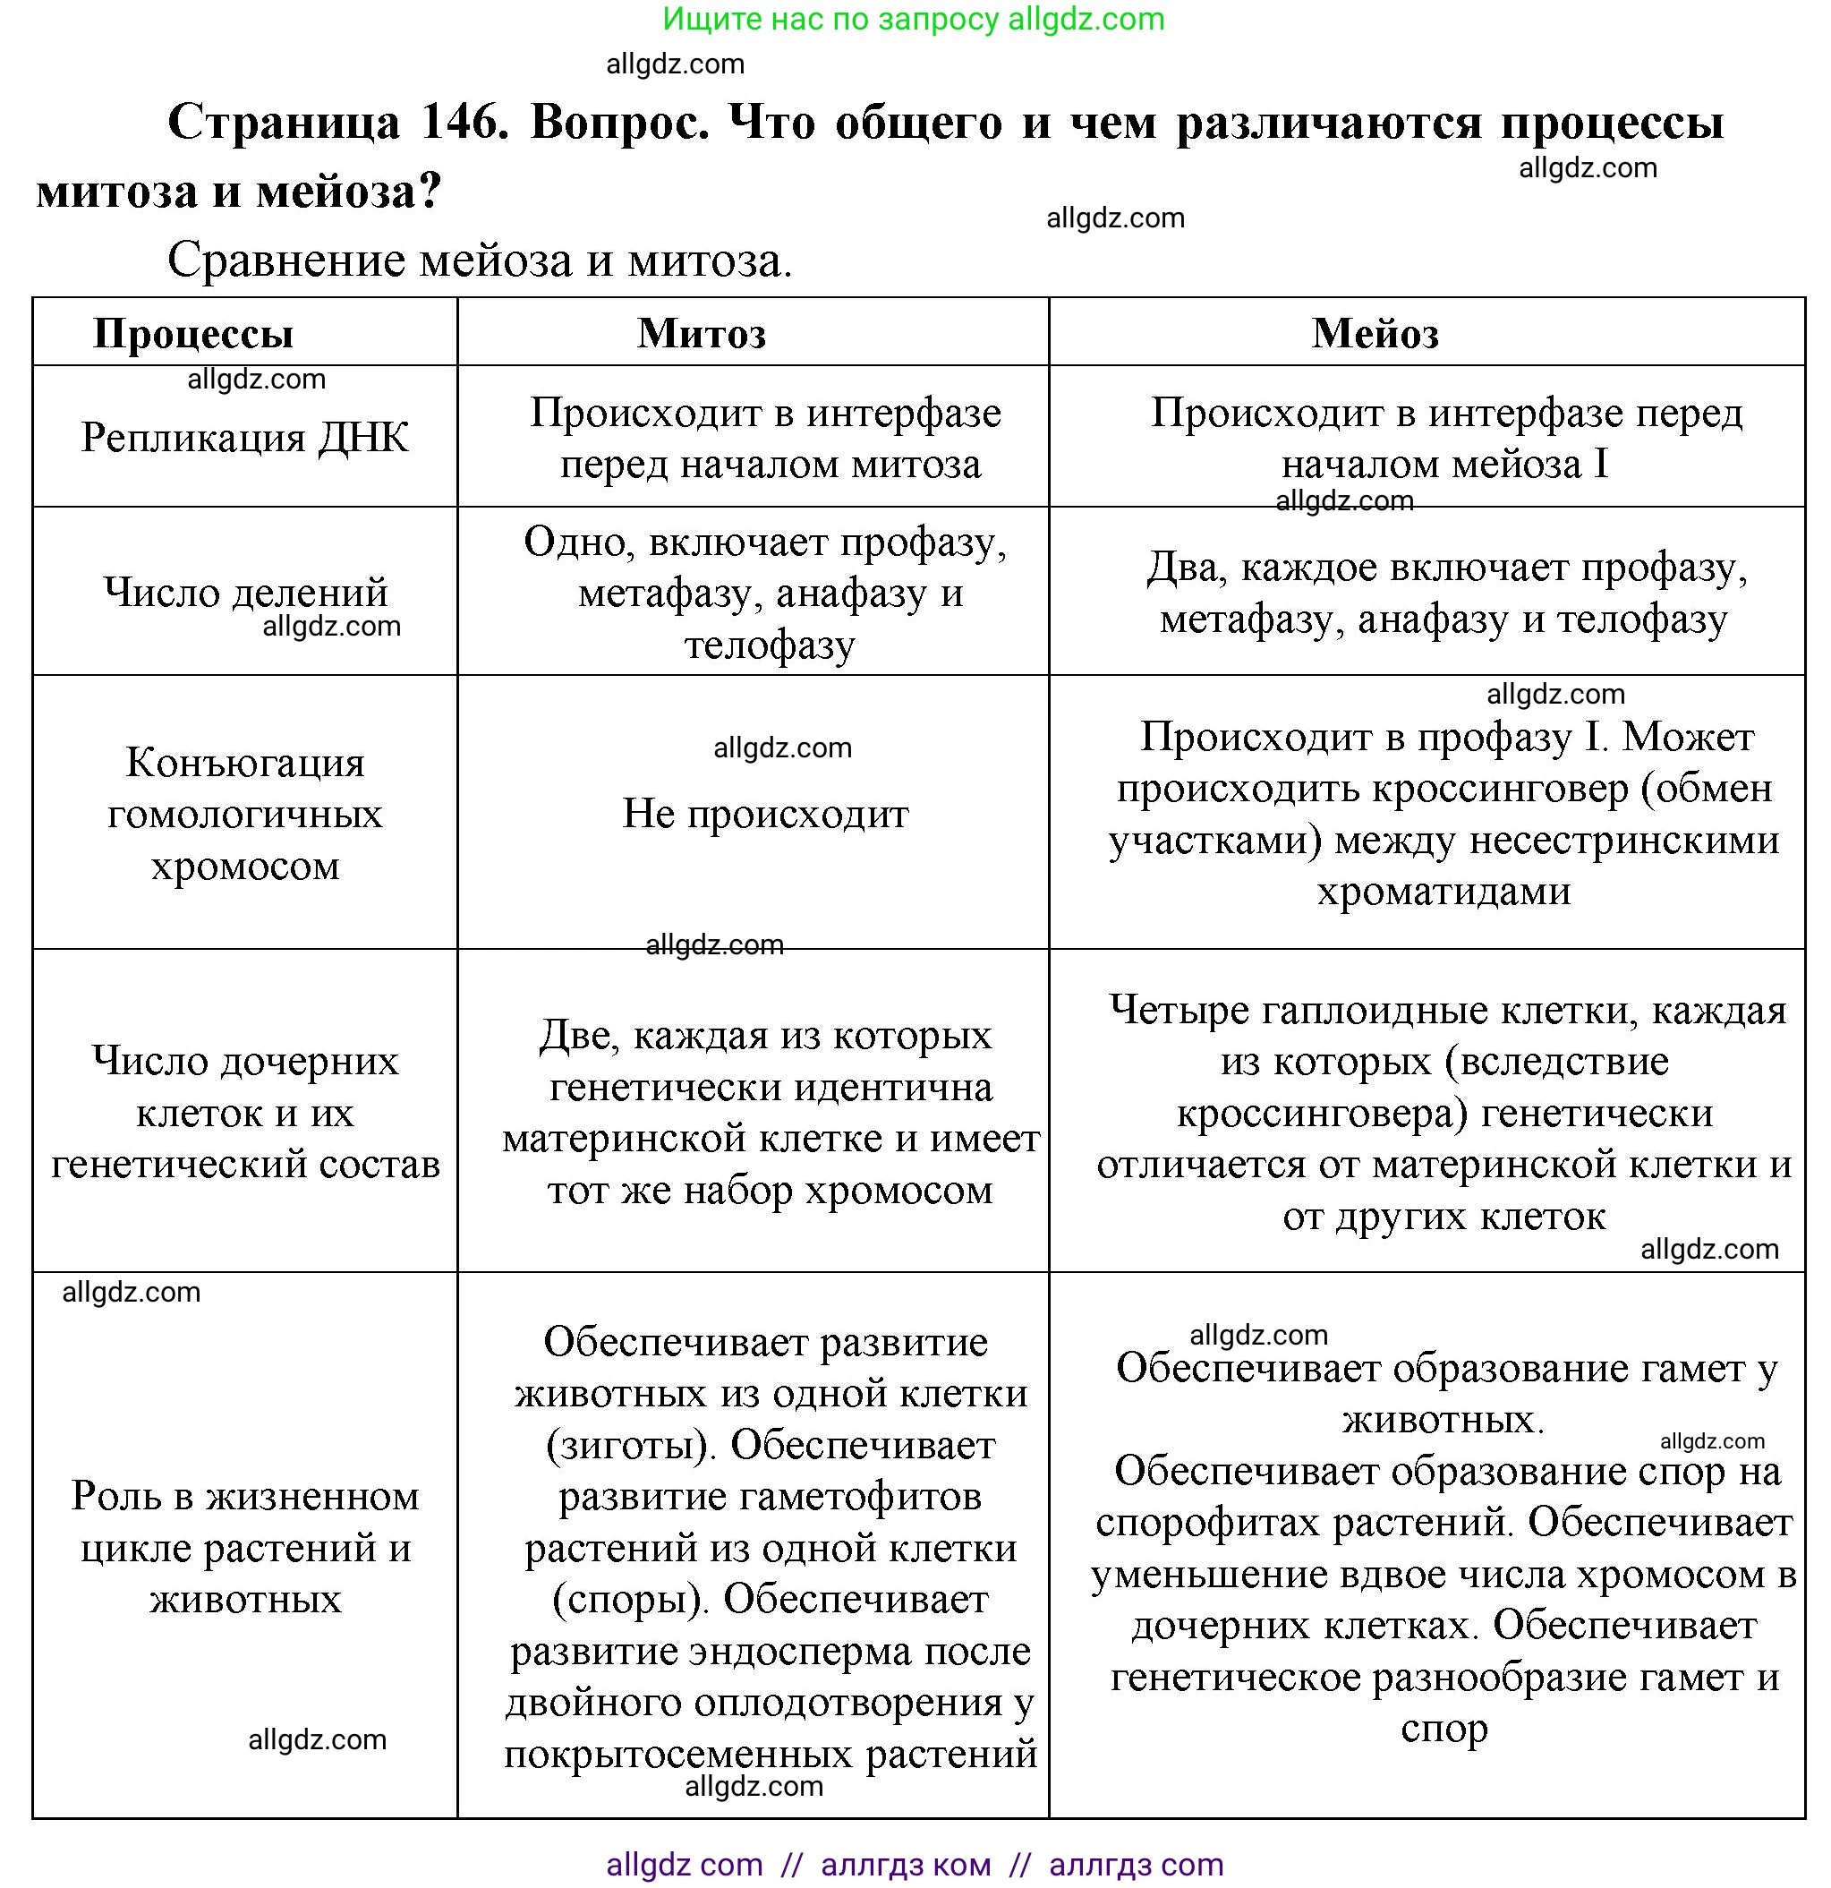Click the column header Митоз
tap(702, 334)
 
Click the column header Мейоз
tap(1375, 334)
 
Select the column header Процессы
tap(192, 334)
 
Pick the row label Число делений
tap(244, 592)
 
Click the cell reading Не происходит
tap(765, 814)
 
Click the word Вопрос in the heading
tap(619, 123)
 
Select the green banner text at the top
tap(913, 20)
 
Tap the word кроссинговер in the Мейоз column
tap(1501, 789)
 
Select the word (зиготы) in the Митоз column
tap(631, 1446)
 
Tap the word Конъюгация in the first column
tap(244, 763)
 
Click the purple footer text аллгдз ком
tap(906, 1865)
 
